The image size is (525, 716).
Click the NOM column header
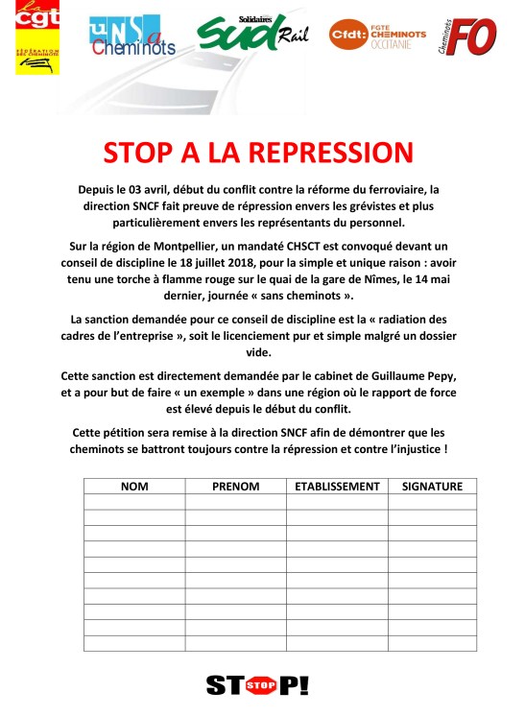134,487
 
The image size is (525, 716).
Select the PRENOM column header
236,487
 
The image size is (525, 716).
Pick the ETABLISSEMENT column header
337,487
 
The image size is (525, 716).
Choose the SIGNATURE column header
432,487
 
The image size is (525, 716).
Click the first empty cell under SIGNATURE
432,502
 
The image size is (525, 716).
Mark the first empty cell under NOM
134,502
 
